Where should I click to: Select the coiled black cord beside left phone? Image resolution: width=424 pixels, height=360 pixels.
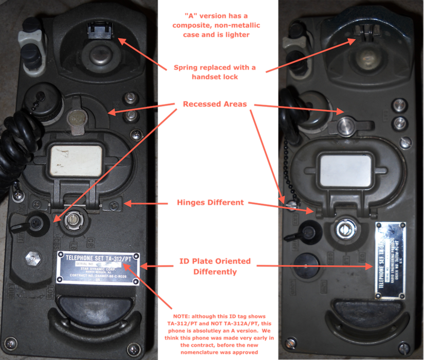[13, 149]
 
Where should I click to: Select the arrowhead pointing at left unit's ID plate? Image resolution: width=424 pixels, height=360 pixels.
[144, 266]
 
